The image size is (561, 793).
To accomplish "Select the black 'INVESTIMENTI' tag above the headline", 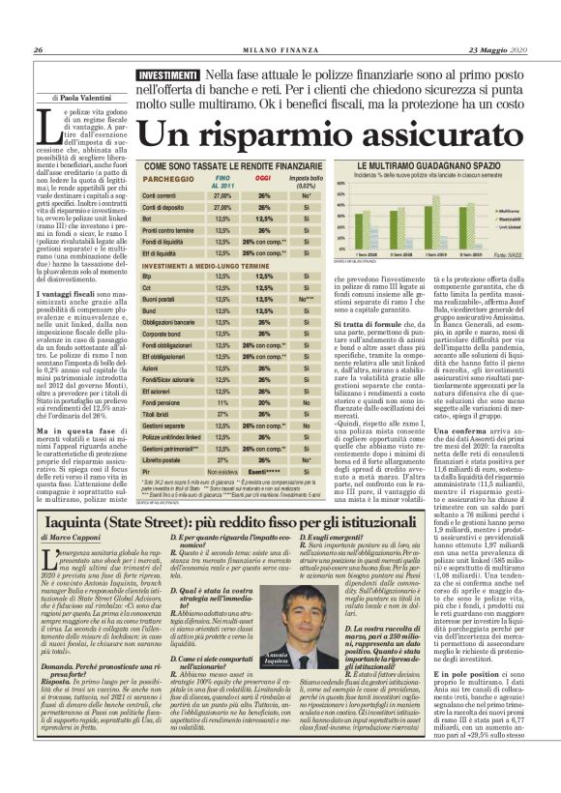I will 167,74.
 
